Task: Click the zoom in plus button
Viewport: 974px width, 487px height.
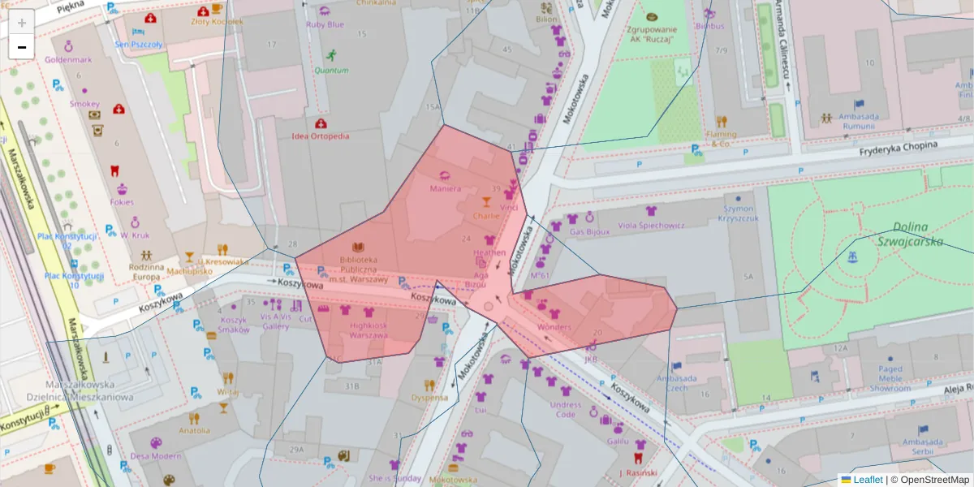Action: [22, 23]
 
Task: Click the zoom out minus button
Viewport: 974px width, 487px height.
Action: [22, 47]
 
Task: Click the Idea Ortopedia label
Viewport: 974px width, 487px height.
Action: [321, 136]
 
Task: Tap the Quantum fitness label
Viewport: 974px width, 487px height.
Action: [331, 70]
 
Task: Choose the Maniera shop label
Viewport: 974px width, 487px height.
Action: [445, 188]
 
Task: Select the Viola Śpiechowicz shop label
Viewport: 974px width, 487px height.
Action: [651, 225]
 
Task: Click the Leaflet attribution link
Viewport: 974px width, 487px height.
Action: [867, 480]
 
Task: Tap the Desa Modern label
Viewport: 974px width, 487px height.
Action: [156, 455]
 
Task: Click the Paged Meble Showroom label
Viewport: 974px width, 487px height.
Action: [890, 378]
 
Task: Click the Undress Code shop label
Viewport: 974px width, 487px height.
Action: [566, 409]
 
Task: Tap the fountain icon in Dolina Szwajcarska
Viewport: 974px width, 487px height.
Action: [851, 257]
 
